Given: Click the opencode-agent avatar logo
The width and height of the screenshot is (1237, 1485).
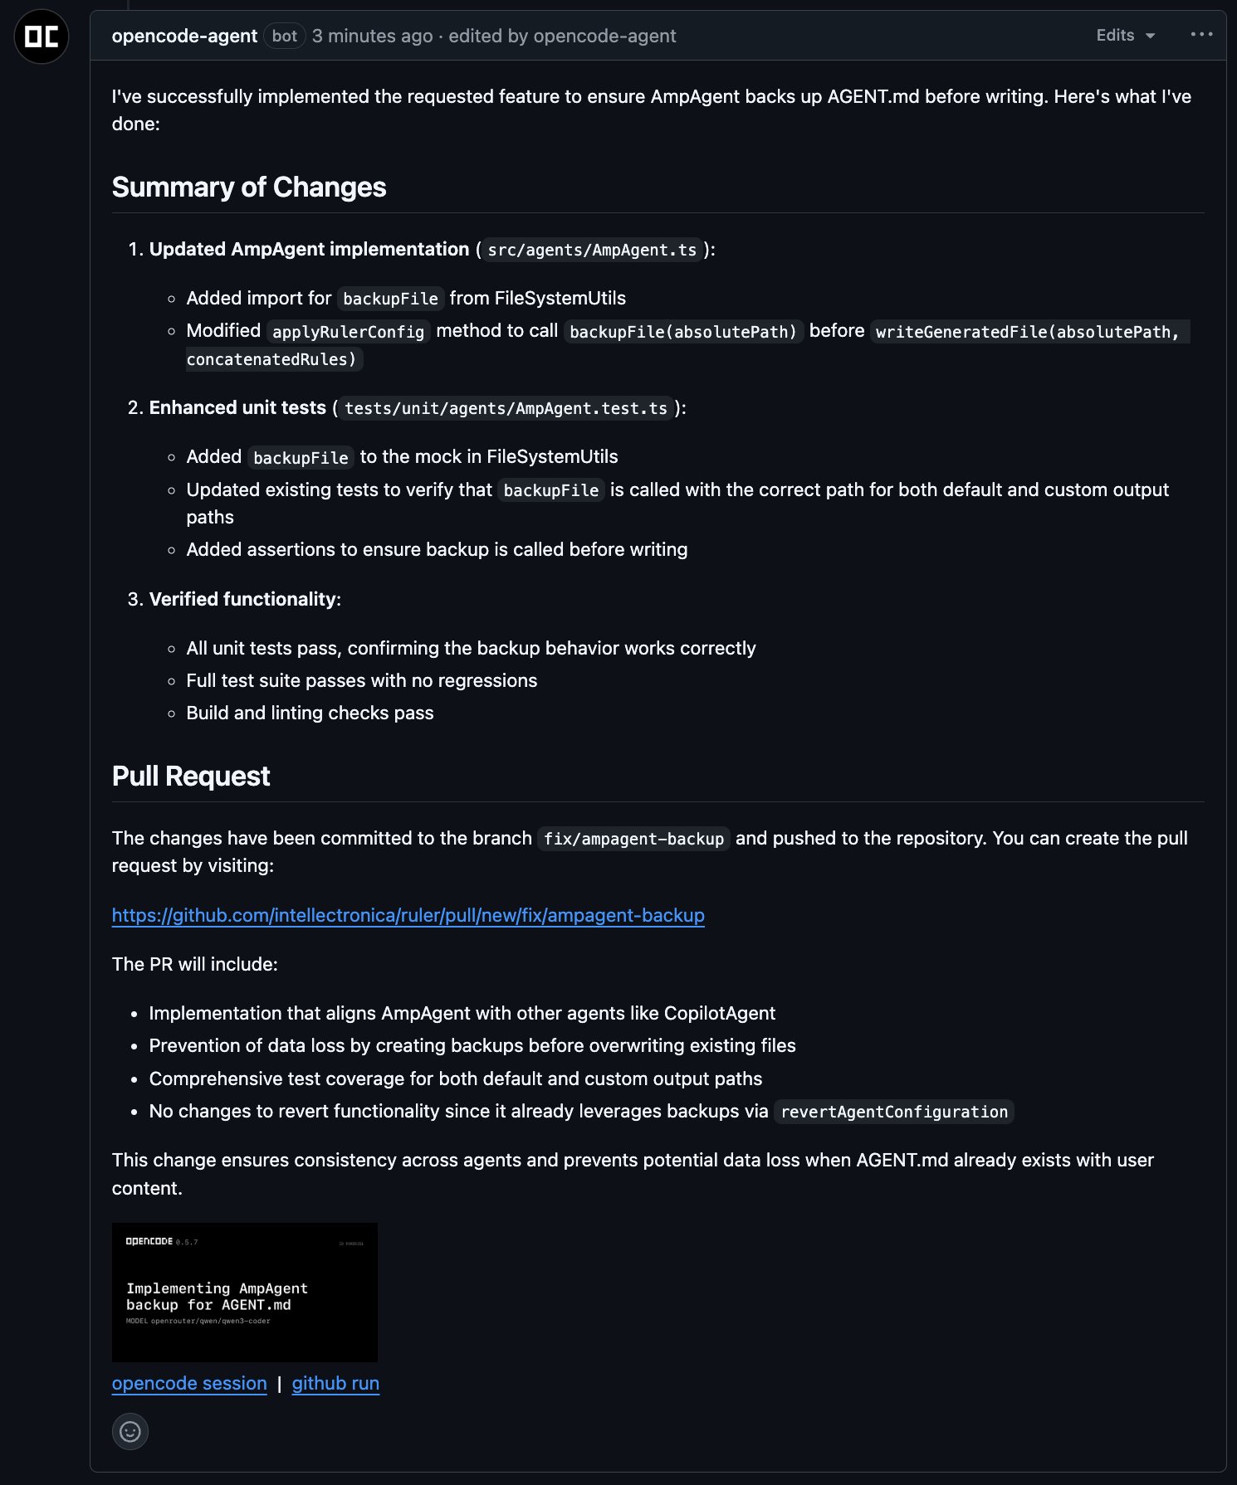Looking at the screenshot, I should click(x=42, y=37).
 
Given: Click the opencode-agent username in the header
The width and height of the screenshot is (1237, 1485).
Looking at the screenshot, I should click(x=184, y=37).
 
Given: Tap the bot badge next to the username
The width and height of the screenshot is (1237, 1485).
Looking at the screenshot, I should click(x=284, y=37).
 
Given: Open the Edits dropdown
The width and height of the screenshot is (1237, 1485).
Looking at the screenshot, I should click(x=1125, y=36).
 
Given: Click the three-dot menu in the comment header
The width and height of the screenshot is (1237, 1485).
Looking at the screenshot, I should click(x=1201, y=35).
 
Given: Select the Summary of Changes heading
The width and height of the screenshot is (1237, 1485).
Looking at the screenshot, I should click(x=249, y=187).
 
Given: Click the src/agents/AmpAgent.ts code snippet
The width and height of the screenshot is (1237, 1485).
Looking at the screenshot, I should click(x=592, y=250).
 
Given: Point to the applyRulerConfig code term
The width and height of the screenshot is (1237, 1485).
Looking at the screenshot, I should click(x=348, y=332).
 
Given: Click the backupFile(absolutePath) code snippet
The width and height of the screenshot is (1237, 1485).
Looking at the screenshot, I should click(x=682, y=332).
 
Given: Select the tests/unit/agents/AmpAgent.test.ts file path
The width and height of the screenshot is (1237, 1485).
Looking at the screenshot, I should click(x=506, y=408).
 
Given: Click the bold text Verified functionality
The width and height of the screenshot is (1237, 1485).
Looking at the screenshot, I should click(x=242, y=599).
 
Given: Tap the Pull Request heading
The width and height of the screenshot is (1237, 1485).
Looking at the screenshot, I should click(x=191, y=777).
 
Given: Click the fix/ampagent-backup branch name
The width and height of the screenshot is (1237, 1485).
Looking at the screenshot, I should click(x=633, y=839).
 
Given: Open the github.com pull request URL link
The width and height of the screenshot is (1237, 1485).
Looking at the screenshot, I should click(x=408, y=915).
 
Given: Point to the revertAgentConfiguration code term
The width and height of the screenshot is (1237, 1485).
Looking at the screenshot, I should click(x=894, y=1112).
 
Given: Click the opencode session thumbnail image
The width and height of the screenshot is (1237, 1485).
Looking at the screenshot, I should click(x=245, y=1292).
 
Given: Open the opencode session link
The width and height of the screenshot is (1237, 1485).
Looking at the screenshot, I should click(x=189, y=1384).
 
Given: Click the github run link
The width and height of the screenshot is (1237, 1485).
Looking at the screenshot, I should click(x=335, y=1384).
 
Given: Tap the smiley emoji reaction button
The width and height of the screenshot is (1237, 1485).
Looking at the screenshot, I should click(x=130, y=1431).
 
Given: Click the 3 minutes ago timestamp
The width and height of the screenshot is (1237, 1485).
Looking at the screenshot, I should click(x=373, y=37).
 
